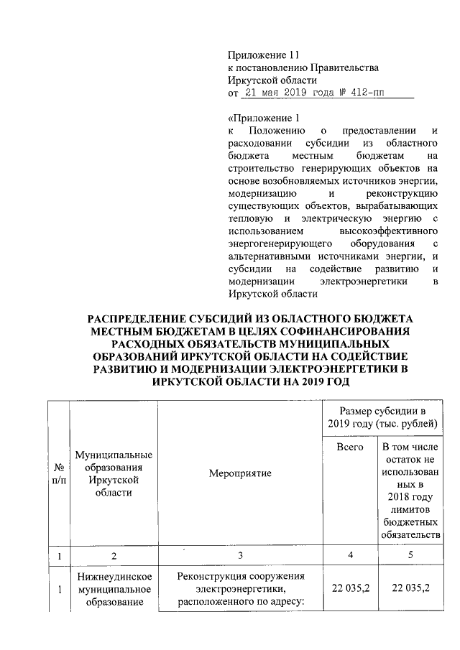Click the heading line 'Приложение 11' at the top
(262, 55)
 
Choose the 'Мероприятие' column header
(240, 474)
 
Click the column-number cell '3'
(240, 555)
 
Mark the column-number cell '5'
(407, 555)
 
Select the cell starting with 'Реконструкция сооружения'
(240, 590)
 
